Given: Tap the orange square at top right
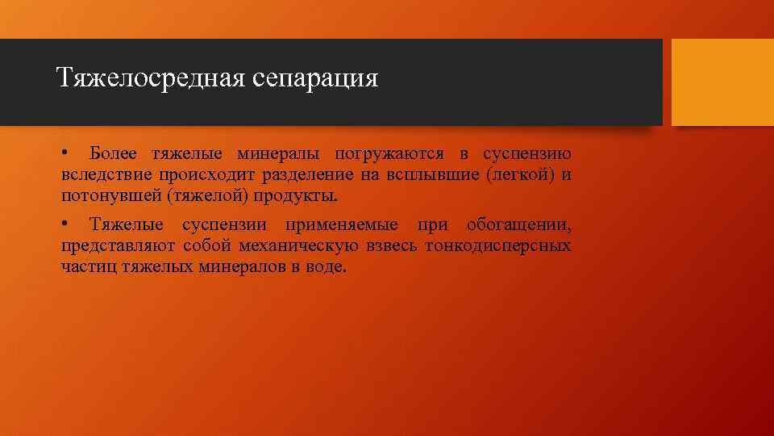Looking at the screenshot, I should [x=722, y=82].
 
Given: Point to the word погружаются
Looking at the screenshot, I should [x=380, y=154].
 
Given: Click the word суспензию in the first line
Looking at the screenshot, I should [x=527, y=153].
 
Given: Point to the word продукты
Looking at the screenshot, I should [x=298, y=197].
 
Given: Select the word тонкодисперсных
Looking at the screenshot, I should [x=501, y=245].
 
